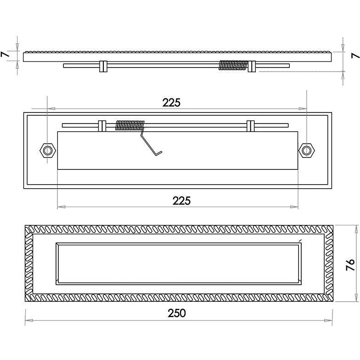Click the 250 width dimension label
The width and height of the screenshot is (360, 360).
pos(176,313)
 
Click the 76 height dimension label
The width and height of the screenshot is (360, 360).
pos(350,265)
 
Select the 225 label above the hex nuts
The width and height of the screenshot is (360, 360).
pos(171,103)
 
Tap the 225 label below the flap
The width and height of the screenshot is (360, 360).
pos(181,201)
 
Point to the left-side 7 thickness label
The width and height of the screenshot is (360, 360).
pos(6,54)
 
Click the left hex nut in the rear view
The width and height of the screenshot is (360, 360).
pos(48,151)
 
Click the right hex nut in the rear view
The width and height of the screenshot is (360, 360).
pos(306,151)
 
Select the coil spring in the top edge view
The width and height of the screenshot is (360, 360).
pos(233,65)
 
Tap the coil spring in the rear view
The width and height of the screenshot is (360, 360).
pos(130,125)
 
